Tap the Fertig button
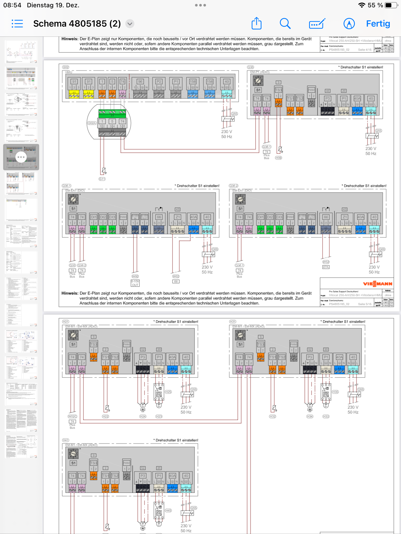pyautogui.click(x=378, y=24)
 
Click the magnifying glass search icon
pyautogui.click(x=285, y=24)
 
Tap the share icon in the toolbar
pyautogui.click(x=256, y=23)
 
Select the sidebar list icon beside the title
pyautogui.click(x=17, y=24)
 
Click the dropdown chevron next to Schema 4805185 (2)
pyautogui.click(x=130, y=24)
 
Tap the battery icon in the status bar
pyautogui.click(x=390, y=5)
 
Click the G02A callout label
pyautogui.click(x=92, y=123)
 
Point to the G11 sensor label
pyautogui.click(x=102, y=179)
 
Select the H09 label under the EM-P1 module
pyautogui.click(x=279, y=158)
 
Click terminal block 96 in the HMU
pyautogui.click(x=140, y=82)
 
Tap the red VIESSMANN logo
pyautogui.click(x=378, y=284)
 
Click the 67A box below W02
pyautogui.click(x=326, y=267)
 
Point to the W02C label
pyautogui.click(x=72, y=416)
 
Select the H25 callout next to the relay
pyautogui.click(x=168, y=392)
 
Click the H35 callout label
pyautogui.click(x=335, y=392)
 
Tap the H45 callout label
pyautogui.click(x=168, y=511)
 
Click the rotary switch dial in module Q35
pyautogui.click(x=258, y=81)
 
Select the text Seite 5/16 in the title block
pyautogui.click(x=365, y=304)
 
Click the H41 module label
pyautogui.click(x=66, y=440)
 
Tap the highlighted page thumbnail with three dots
pyautogui.click(x=21, y=157)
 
